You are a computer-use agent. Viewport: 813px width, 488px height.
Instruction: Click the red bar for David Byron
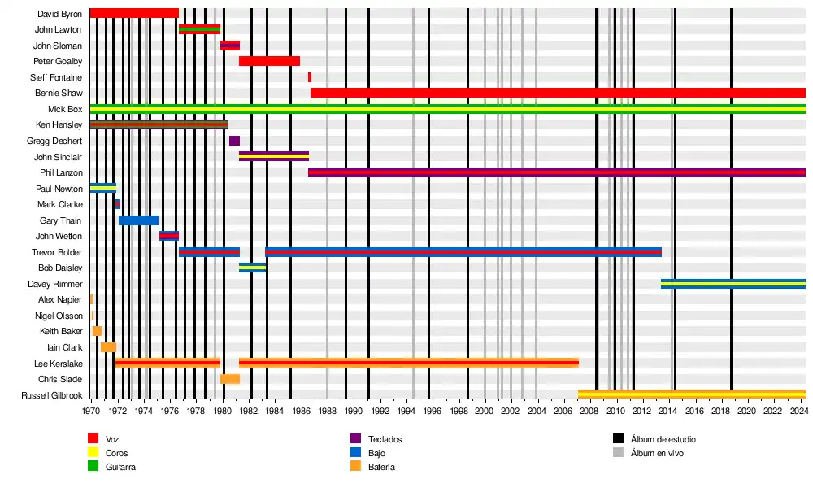[x=133, y=13]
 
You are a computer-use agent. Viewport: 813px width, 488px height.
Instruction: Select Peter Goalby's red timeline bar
[x=269, y=61]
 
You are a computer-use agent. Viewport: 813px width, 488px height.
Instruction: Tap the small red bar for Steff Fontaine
[x=309, y=77]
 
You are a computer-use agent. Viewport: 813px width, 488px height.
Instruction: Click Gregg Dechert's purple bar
[x=234, y=141]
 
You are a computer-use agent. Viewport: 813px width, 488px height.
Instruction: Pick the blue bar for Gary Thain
[x=138, y=220]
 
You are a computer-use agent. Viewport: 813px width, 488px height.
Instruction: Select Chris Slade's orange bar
[x=229, y=379]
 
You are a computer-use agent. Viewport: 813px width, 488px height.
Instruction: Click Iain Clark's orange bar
[x=108, y=347]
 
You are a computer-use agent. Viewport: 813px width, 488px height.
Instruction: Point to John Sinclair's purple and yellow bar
[x=273, y=156]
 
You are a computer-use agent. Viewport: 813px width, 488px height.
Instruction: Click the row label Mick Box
[x=64, y=109]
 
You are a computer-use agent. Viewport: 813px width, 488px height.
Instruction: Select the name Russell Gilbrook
[x=52, y=396]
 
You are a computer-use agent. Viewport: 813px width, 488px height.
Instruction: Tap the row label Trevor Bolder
[x=57, y=252]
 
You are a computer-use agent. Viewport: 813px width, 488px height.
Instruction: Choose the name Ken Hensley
[x=59, y=125]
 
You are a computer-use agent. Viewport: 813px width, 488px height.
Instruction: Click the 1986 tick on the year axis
[x=302, y=410]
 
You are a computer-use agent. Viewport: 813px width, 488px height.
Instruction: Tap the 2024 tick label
[x=800, y=410]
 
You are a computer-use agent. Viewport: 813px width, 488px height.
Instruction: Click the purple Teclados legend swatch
[x=355, y=439]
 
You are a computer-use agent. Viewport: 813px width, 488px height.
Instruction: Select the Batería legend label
[x=381, y=467]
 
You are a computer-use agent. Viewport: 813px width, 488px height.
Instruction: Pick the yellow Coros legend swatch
[x=93, y=453]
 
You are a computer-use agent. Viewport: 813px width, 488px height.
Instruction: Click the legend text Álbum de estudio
[x=663, y=439]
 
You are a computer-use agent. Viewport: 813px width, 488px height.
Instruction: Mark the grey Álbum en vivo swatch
[x=618, y=453]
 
